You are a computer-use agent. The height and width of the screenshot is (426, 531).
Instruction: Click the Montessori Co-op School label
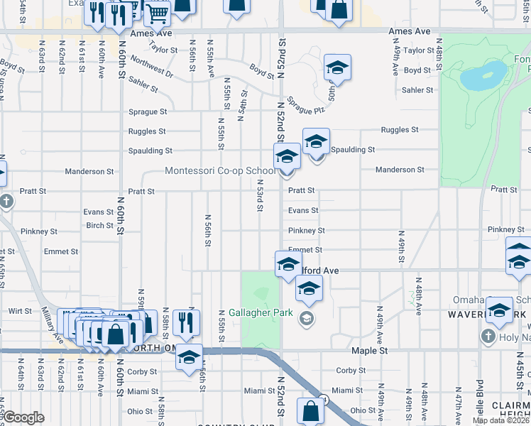click(x=219, y=171)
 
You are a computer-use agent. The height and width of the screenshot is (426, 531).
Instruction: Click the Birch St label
click(x=99, y=226)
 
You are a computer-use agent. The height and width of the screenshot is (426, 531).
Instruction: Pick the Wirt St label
click(x=20, y=311)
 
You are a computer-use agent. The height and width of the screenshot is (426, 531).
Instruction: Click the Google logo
click(x=23, y=417)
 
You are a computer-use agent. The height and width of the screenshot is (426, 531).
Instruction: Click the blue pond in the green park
click(x=483, y=72)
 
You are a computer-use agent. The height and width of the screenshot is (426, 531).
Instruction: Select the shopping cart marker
click(x=157, y=11)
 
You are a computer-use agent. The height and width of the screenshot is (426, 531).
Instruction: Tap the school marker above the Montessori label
click(x=287, y=156)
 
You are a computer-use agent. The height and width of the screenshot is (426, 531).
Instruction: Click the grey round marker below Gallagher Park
click(x=307, y=317)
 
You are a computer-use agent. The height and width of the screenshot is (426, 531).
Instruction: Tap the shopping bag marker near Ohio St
click(x=311, y=411)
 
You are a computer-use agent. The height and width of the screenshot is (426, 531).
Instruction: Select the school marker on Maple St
click(x=189, y=356)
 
